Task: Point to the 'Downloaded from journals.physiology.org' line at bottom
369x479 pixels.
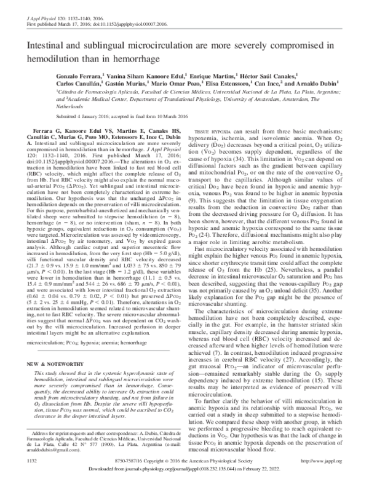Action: [x=184, y=470]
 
